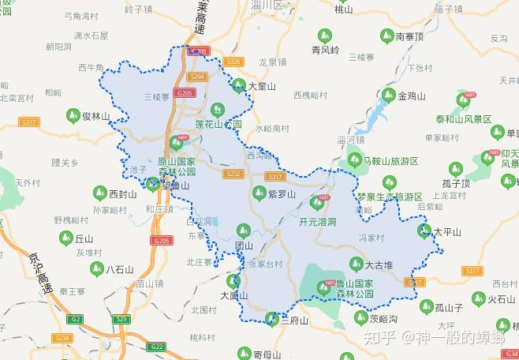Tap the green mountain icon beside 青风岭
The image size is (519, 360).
point(323,36)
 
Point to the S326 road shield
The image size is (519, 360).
point(233,61)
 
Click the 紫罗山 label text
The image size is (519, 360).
point(282,193)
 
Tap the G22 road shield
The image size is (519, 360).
point(158,347)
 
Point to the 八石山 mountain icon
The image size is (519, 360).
point(94,269)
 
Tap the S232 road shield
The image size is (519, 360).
point(233,174)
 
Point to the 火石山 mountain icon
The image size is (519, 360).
point(476,298)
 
